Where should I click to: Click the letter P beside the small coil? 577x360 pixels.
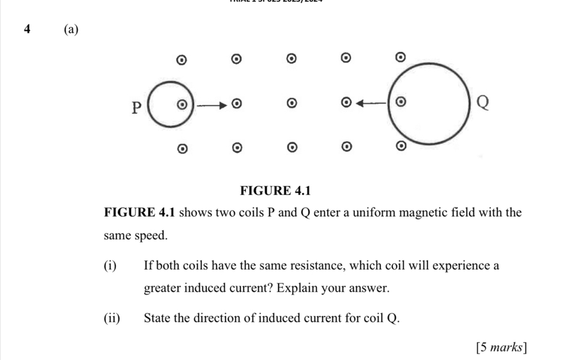coord(137,108)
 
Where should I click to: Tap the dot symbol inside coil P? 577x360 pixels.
coord(182,104)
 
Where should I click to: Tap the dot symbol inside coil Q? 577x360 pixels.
coord(401,100)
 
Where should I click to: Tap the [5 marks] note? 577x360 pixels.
coord(501,347)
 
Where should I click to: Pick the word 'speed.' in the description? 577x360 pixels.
coord(150,236)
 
